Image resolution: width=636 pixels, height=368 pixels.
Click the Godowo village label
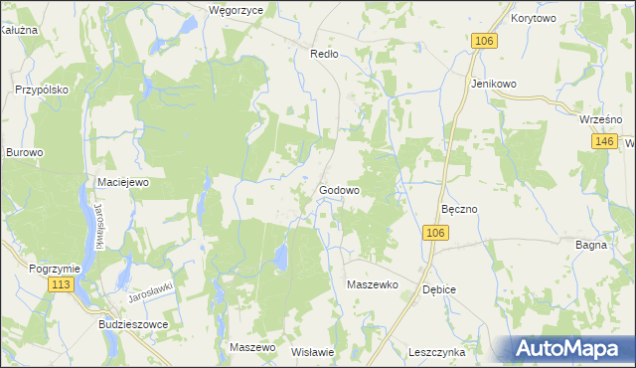tap(339, 190)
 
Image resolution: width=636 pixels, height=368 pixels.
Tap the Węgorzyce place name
tap(236, 10)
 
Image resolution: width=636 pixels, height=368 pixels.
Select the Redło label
tap(325, 54)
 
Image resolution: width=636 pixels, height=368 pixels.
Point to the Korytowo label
tap(534, 18)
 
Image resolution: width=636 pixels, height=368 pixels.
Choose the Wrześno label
tap(599, 119)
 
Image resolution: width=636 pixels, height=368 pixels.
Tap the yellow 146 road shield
tap(604, 142)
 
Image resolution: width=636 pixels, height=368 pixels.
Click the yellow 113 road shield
tap(62, 284)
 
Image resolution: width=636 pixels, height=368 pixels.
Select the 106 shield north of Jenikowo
tap(483, 40)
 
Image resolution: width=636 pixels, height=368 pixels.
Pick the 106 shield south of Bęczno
tap(435, 232)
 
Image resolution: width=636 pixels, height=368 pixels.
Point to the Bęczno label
tap(460, 210)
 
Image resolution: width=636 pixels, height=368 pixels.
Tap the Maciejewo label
tap(122, 182)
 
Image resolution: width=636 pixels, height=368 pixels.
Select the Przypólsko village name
tap(41, 89)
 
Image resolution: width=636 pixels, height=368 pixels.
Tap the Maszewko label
tap(372, 284)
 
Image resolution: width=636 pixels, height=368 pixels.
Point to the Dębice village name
tap(438, 289)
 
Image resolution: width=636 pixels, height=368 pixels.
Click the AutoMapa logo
tap(570, 349)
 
